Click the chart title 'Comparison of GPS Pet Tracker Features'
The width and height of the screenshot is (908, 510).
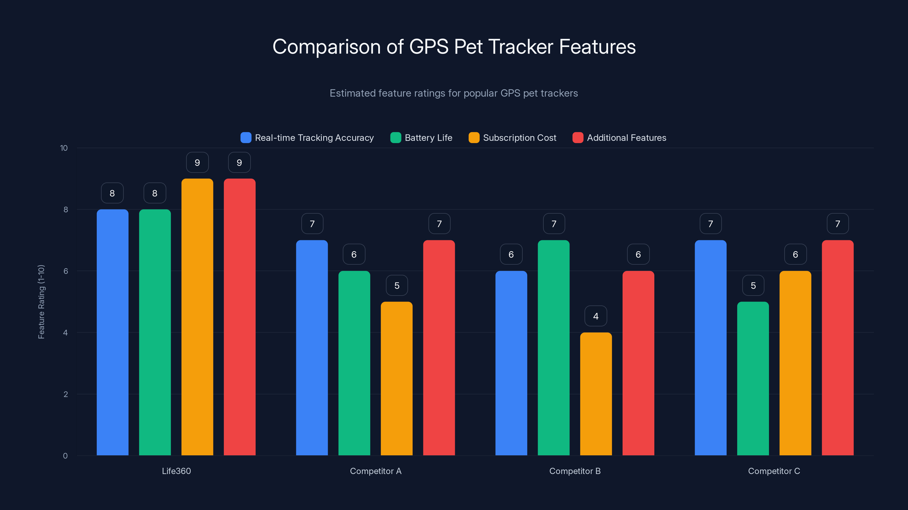click(454, 47)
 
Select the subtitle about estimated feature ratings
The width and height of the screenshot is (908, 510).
click(454, 93)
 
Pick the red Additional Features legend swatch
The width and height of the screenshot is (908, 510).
click(578, 138)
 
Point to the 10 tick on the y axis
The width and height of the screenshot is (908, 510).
click(64, 148)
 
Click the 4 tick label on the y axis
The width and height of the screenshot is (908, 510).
click(66, 333)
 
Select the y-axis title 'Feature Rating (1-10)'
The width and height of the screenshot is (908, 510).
click(41, 302)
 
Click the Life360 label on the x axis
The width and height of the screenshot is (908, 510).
click(176, 471)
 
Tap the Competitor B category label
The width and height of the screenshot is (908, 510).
click(575, 471)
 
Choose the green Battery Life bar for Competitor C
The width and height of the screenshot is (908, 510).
click(753, 378)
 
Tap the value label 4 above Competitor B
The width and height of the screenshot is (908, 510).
click(596, 316)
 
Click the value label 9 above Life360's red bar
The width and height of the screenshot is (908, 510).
click(239, 163)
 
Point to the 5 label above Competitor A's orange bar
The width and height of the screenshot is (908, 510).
click(397, 285)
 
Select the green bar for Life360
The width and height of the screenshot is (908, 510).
click(155, 332)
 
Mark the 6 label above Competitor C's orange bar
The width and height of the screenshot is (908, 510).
click(795, 254)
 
